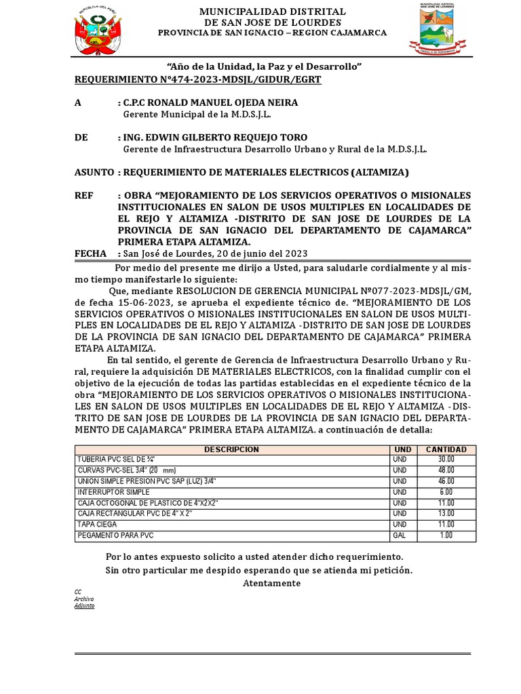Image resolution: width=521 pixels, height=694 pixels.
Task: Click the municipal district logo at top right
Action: [437, 27]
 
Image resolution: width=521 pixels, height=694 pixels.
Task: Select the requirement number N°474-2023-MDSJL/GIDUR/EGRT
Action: [197, 80]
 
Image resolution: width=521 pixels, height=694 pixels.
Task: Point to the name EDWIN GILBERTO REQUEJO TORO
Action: [215, 138]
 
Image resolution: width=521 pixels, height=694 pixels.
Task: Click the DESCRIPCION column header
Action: [231, 449]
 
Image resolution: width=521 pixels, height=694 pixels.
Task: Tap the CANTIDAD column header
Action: [446, 449]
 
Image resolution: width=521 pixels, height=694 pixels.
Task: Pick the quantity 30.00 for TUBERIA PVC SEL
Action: [446, 460]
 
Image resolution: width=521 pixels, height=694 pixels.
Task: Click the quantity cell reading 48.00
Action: [446, 470]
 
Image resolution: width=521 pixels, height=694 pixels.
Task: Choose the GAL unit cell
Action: [399, 536]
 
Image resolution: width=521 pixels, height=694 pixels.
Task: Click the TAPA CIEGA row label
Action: [98, 525]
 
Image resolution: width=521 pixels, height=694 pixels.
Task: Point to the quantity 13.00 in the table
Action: [446, 514]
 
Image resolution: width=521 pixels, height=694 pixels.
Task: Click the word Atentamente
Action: [271, 583]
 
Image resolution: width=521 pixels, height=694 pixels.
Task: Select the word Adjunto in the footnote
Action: [84, 605]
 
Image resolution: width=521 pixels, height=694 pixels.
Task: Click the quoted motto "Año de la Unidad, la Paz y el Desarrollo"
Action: [264, 66]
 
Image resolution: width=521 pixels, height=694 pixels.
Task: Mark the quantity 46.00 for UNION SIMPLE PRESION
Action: [446, 481]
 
